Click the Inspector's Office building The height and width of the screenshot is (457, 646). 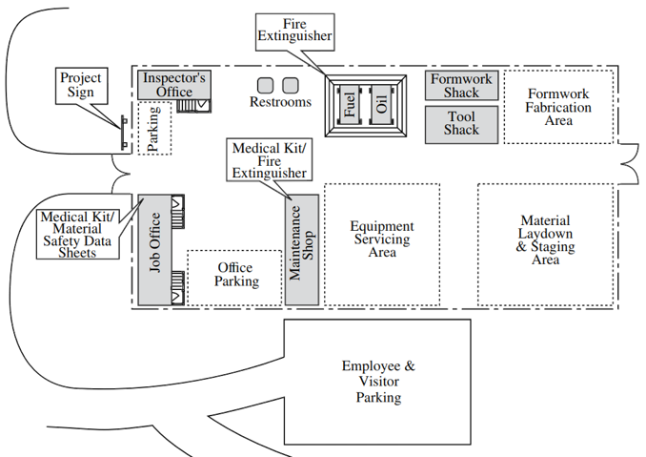pos(172,84)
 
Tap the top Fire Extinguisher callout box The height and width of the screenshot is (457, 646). pos(295,31)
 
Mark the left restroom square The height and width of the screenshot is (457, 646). pos(266,85)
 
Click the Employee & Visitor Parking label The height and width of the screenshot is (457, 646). pos(378,382)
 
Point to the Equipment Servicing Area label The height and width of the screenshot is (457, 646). pos(382,239)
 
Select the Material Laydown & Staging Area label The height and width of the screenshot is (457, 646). pos(546,239)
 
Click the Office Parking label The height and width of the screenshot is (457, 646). pos(235,274)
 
